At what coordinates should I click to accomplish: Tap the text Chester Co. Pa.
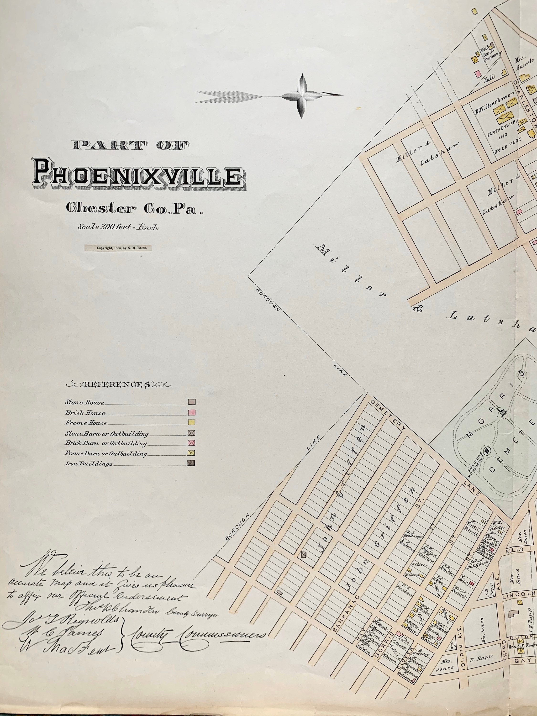pos(134,209)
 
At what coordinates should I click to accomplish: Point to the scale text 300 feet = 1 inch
pos(118,227)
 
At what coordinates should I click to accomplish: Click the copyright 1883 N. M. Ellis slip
pos(118,248)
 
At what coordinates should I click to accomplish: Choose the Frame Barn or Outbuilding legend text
pos(106,453)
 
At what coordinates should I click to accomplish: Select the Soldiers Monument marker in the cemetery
pos(487,450)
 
